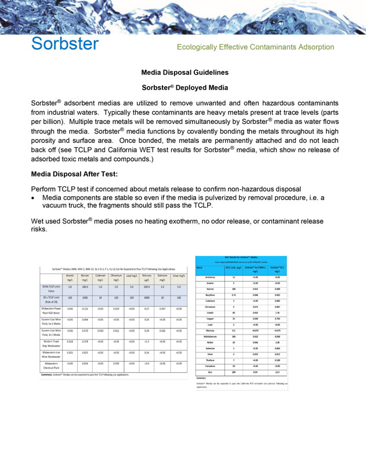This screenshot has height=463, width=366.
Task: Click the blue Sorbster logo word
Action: click(x=65, y=44)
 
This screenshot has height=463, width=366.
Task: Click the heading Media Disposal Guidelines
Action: click(x=185, y=73)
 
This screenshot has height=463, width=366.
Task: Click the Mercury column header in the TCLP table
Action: click(x=147, y=278)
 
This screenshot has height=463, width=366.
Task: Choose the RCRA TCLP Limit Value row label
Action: click(x=53, y=288)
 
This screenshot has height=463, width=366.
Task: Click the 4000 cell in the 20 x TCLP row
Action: click(x=147, y=298)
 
